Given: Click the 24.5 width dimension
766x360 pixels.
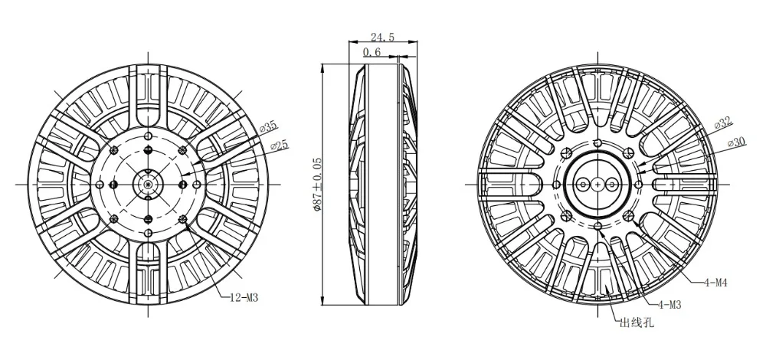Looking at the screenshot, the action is click(x=382, y=37).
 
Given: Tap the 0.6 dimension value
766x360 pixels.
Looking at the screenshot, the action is click(x=372, y=52).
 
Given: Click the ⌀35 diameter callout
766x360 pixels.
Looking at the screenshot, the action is click(x=267, y=127).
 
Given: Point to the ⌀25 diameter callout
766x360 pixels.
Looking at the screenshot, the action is click(x=280, y=146).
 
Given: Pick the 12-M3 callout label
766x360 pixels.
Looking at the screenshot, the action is click(x=244, y=298).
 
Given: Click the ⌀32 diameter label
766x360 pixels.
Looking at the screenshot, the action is click(x=723, y=123).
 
